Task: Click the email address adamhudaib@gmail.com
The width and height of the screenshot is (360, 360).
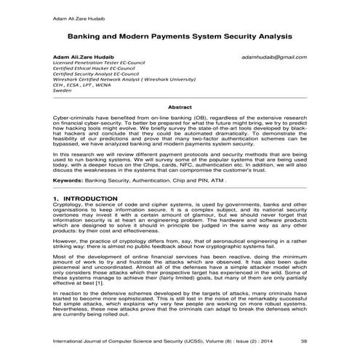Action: point(274,56)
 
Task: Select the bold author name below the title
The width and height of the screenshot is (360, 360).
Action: point(78,56)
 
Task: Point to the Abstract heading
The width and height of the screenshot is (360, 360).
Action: point(180,107)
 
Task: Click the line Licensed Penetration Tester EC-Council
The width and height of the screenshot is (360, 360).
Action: point(96,63)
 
